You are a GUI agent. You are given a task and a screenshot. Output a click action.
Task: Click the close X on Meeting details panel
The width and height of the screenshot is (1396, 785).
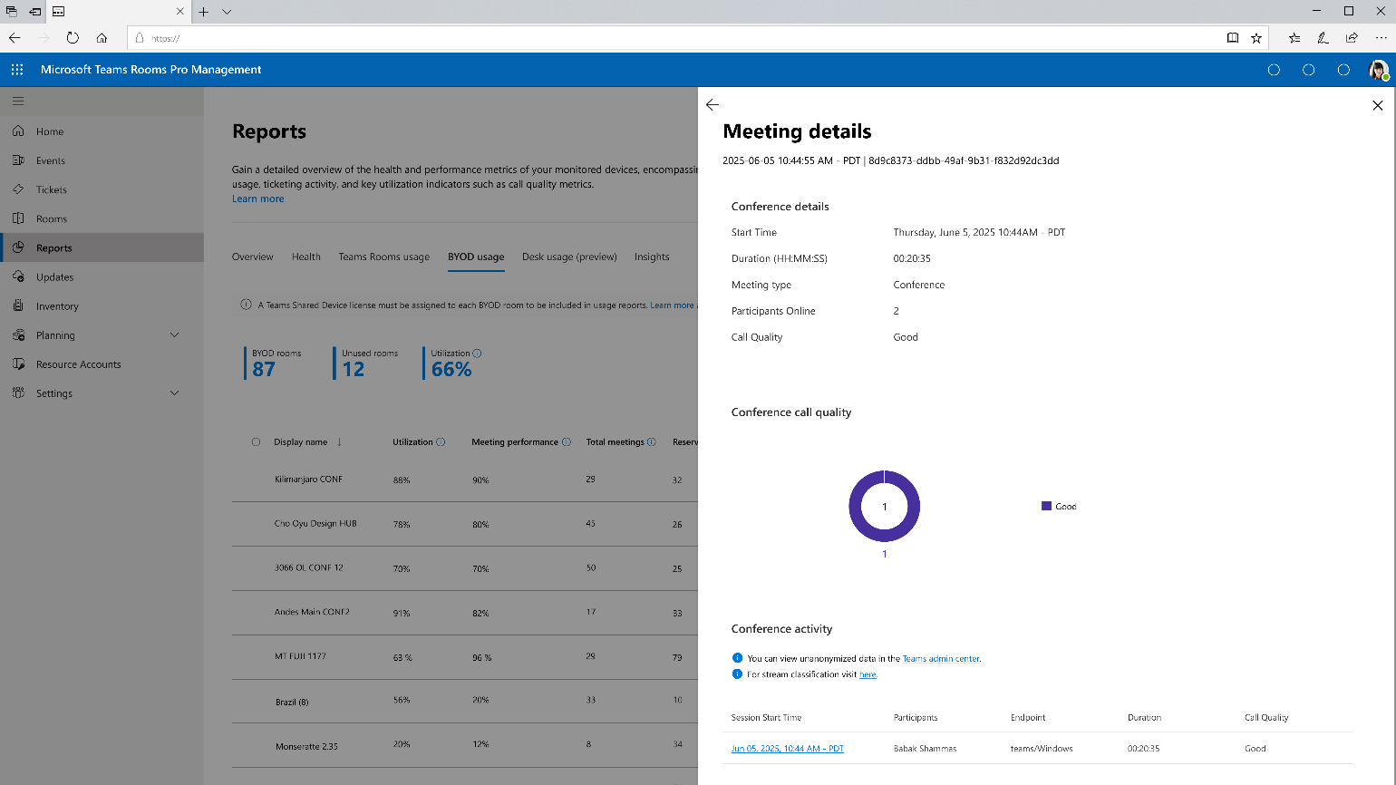pyautogui.click(x=1377, y=105)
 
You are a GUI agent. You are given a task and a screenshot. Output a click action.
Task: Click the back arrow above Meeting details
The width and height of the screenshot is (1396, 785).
pyautogui.click(x=713, y=104)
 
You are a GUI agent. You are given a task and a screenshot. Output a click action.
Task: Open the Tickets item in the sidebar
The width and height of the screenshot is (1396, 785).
pyautogui.click(x=51, y=189)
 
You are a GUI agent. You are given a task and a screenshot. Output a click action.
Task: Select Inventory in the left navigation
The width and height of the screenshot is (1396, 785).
pyautogui.click(x=57, y=305)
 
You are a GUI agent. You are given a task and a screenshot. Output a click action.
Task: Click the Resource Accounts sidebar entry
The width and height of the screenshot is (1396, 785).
pyautogui.click(x=79, y=363)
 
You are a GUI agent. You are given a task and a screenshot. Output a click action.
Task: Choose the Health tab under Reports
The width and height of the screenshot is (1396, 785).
pyautogui.click(x=306, y=257)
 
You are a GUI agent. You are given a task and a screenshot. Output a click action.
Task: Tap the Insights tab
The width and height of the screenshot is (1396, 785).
pyautogui.click(x=651, y=257)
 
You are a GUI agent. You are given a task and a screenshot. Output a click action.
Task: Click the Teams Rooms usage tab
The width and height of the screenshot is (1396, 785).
pyautogui.click(x=384, y=257)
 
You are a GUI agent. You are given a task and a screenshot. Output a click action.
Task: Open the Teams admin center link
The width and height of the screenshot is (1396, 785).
pyautogui.click(x=940, y=658)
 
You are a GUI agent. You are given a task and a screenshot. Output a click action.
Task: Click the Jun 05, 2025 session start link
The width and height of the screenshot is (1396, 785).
pyautogui.click(x=787, y=748)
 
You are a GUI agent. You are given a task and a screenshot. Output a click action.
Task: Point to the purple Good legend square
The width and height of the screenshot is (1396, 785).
pyautogui.click(x=1046, y=506)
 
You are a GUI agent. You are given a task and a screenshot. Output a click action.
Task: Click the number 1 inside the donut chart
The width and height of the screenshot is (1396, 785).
pyautogui.click(x=885, y=507)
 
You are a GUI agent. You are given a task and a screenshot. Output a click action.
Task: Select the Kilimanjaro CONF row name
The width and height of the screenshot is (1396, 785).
pyautogui.click(x=308, y=480)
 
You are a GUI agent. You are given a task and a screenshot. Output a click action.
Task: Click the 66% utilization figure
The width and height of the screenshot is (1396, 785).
pyautogui.click(x=451, y=370)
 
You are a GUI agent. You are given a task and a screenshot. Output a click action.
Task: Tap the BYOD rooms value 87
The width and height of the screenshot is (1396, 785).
pyautogui.click(x=264, y=370)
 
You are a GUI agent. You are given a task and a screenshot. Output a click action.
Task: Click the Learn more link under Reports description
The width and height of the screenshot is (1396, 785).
pyautogui.click(x=258, y=199)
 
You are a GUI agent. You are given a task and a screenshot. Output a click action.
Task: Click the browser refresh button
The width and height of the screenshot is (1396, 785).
pyautogui.click(x=73, y=38)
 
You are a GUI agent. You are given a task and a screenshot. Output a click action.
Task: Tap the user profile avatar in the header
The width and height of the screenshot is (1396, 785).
pyautogui.click(x=1378, y=70)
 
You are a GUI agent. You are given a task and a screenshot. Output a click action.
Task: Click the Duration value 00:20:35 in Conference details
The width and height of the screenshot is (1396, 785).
pyautogui.click(x=912, y=258)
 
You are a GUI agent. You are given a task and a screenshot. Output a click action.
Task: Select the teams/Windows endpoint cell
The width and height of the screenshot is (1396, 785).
pyautogui.click(x=1042, y=748)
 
